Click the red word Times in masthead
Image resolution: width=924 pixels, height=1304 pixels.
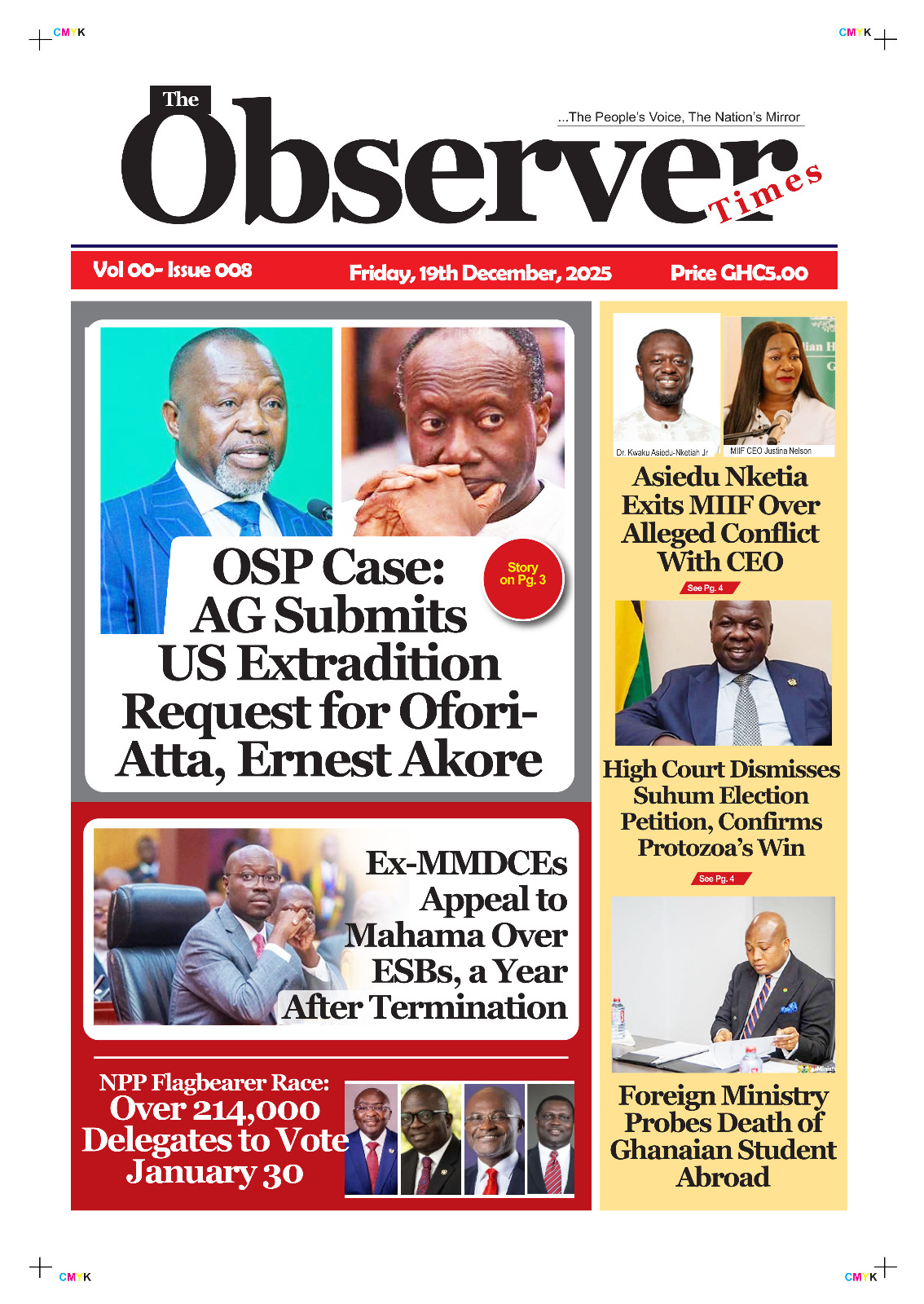766,194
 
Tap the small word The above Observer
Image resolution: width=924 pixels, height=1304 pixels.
180,99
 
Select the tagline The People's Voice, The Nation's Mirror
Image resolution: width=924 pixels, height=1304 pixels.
681,117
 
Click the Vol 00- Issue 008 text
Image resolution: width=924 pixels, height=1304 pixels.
173,270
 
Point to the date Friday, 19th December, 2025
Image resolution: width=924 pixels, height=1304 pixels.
480,273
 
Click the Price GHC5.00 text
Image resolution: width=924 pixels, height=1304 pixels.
739,273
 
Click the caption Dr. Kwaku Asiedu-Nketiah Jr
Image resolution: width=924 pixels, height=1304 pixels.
662,452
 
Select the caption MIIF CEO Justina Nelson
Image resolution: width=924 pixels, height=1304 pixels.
770,451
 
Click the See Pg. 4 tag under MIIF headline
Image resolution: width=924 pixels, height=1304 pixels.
705,588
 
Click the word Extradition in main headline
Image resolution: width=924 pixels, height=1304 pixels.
368,663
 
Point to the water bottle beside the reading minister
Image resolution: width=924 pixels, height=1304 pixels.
618,1017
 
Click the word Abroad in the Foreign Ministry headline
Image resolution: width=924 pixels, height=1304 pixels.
723,1177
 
